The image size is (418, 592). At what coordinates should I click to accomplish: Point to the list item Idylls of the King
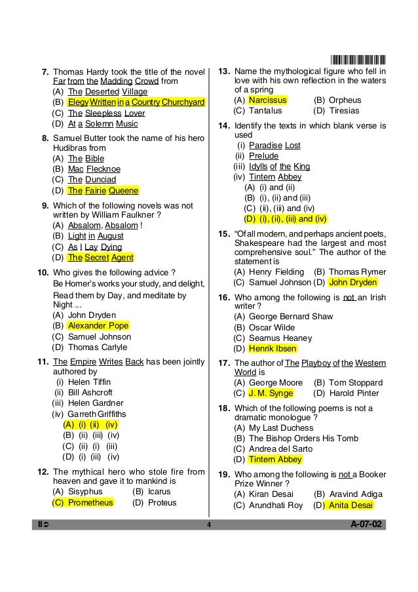pyautogui.click(x=279, y=167)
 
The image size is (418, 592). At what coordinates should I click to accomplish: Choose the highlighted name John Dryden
pyautogui.click(x=353, y=283)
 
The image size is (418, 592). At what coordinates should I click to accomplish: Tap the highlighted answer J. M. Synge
pyautogui.click(x=271, y=393)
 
